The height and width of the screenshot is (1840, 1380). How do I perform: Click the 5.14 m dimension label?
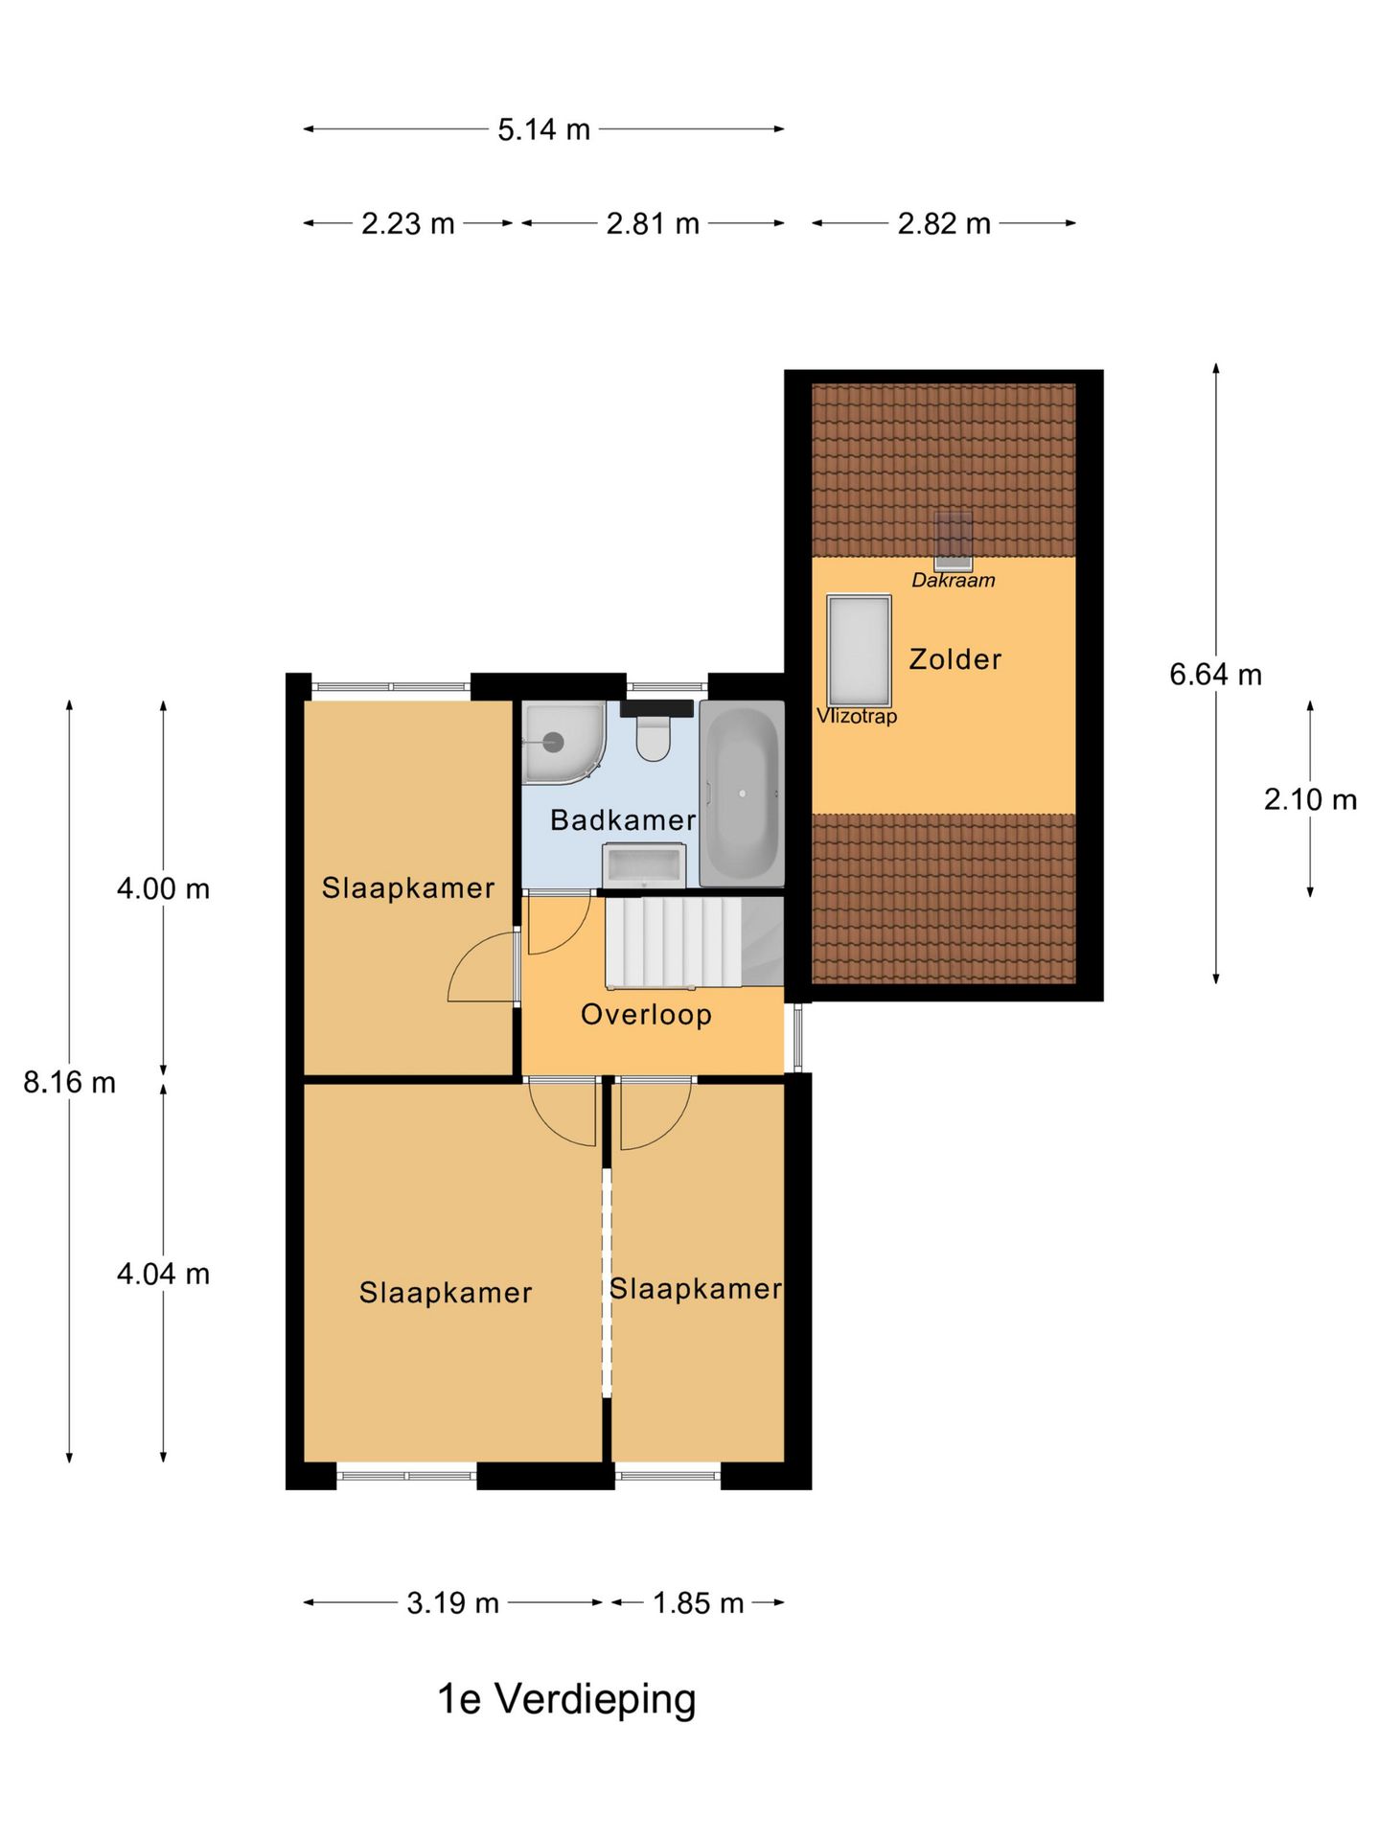point(543,129)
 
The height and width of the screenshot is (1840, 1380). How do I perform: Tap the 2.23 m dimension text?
point(407,223)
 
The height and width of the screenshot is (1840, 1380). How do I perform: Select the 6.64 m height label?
point(1215,675)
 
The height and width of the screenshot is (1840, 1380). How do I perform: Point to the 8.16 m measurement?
point(69,1082)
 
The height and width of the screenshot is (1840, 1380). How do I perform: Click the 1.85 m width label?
point(698,1603)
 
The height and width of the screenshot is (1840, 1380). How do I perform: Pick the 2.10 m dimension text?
point(1309,799)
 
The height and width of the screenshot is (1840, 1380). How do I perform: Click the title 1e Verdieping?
point(566,1699)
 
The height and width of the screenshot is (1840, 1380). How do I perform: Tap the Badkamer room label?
point(623,820)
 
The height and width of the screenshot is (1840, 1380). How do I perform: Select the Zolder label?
point(954,659)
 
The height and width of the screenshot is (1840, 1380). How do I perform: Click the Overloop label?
point(646,1015)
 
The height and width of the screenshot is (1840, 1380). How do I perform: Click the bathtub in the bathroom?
point(742,793)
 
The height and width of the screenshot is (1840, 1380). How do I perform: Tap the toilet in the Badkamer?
point(655,733)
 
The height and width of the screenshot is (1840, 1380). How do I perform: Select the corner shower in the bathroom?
point(560,743)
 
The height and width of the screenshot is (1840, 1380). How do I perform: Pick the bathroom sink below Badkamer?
point(643,865)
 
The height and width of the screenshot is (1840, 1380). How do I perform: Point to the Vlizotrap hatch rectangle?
point(859,650)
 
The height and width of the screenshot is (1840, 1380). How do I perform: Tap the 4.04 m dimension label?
point(163,1274)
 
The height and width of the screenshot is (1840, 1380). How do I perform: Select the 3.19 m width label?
point(452,1603)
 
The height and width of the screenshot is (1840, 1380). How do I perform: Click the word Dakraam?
point(953,581)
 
